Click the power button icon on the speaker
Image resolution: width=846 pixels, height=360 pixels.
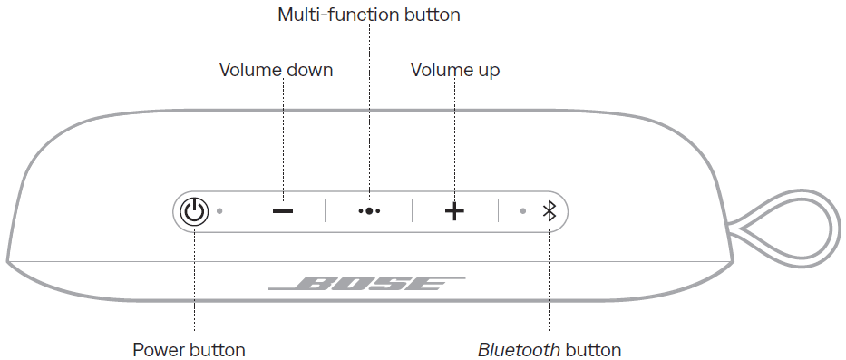[192, 211]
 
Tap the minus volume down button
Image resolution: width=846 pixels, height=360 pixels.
[283, 211]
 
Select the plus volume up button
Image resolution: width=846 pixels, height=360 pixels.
[454, 211]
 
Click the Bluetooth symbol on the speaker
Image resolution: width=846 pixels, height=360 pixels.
[548, 211]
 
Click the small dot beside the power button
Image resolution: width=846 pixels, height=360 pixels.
[219, 211]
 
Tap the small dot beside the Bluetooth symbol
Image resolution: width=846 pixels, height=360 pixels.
[522, 211]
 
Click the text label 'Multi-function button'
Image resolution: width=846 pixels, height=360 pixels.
[369, 15]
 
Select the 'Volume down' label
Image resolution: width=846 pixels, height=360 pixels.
[276, 70]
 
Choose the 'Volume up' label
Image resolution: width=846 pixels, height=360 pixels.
[455, 70]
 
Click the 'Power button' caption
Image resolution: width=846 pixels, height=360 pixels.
[189, 350]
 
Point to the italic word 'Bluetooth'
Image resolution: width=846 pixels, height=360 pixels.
[519, 350]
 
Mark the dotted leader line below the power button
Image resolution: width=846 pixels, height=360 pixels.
[193, 281]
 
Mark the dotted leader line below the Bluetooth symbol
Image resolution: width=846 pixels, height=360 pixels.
[549, 281]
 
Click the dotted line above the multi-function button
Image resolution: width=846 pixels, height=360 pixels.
[370, 109]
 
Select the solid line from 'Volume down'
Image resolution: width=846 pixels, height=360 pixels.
[283, 136]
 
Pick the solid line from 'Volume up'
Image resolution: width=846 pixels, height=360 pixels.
[454, 136]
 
